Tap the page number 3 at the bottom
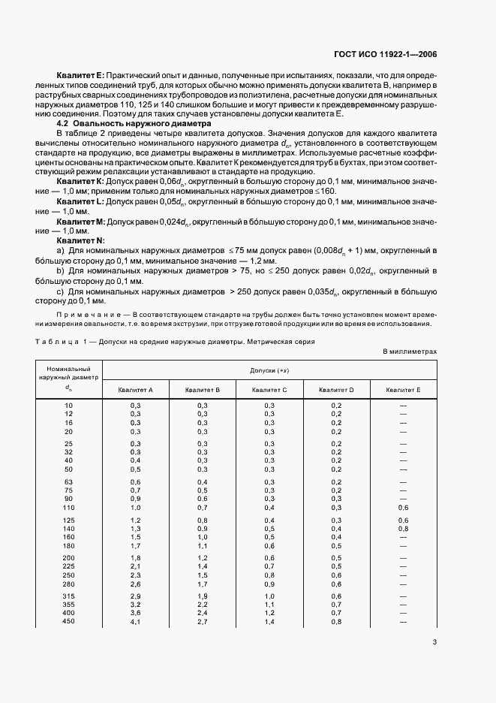click(x=434, y=641)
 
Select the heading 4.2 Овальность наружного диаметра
click(x=135, y=123)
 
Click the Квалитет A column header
click(x=136, y=390)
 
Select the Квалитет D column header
click(x=336, y=390)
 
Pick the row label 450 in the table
click(x=69, y=621)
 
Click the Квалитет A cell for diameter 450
click(x=136, y=621)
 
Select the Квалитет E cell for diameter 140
click(x=403, y=529)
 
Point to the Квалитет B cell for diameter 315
click(x=203, y=595)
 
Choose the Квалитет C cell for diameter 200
click(x=269, y=557)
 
